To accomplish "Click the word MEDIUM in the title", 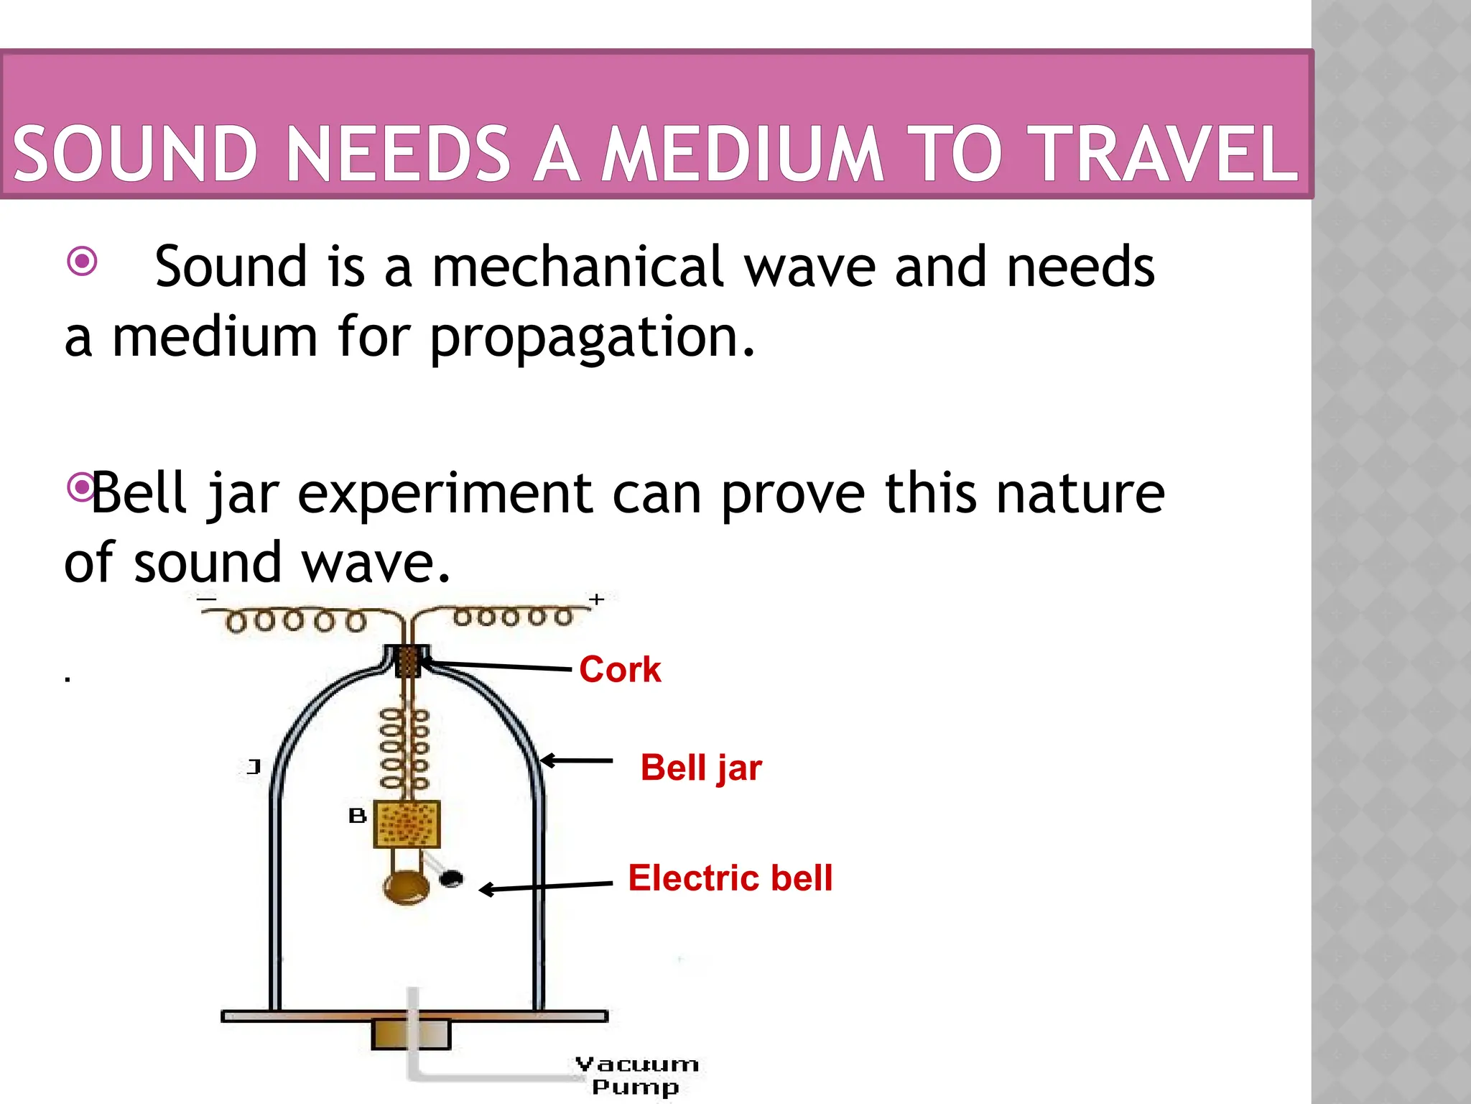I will tap(741, 153).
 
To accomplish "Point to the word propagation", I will tap(591, 338).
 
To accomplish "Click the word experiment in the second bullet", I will tap(445, 494).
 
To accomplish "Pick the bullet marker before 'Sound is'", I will tap(82, 261).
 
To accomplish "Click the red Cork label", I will tap(619, 670).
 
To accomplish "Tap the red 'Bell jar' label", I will tap(701, 768).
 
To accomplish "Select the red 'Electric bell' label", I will tap(730, 878).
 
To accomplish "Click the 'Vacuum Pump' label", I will tap(636, 1075).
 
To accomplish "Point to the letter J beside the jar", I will tap(253, 767).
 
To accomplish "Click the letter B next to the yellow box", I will tap(357, 816).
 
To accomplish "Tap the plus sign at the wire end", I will tap(596, 599).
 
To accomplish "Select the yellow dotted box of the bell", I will tap(407, 824).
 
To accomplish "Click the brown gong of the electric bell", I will tap(407, 888).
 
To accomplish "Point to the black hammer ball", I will tap(451, 878).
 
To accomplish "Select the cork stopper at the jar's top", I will tap(407, 661).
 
